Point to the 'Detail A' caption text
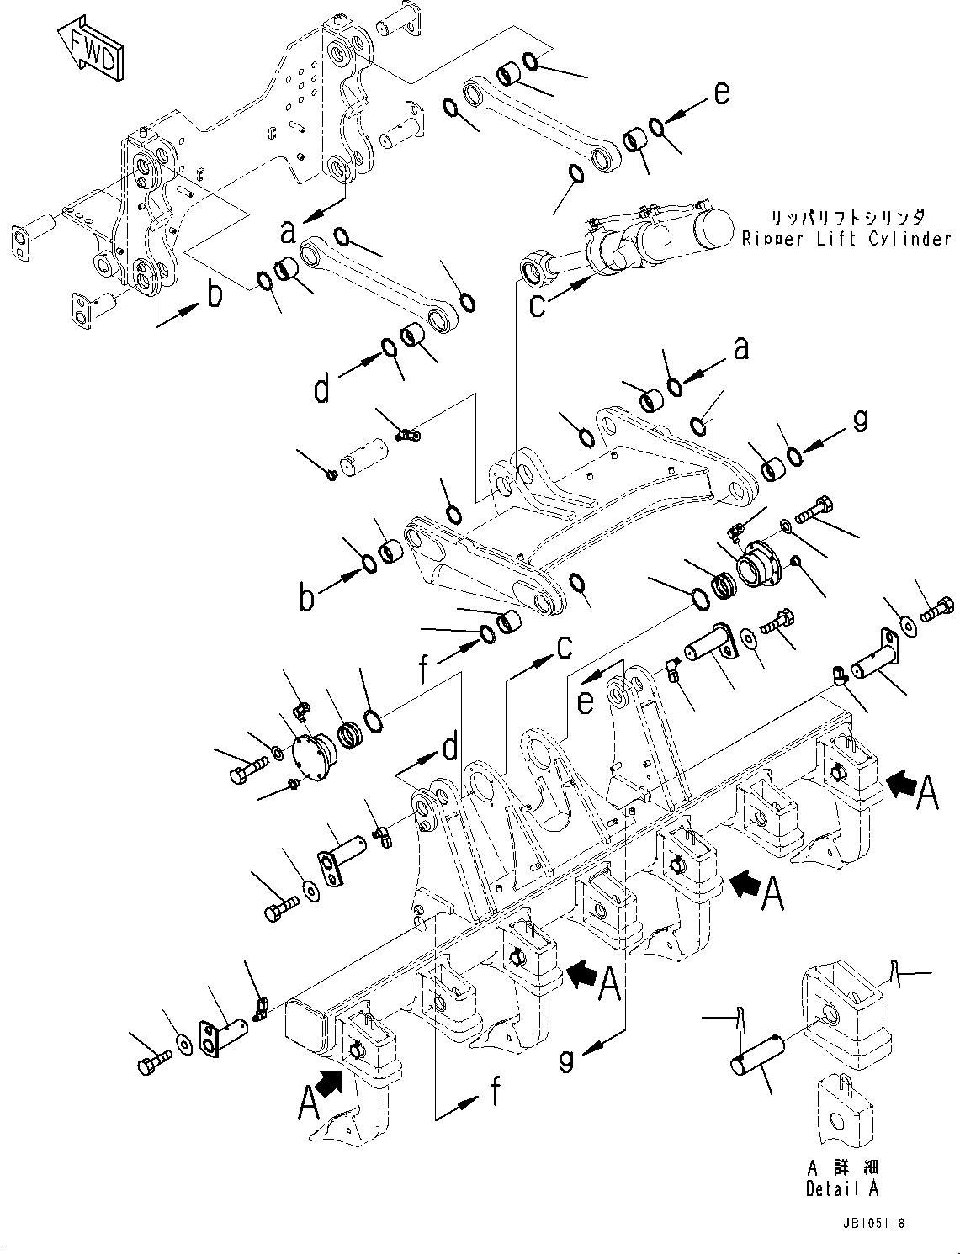[841, 1188]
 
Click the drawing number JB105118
[871, 1225]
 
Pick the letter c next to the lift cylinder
[537, 305]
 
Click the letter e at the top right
[722, 93]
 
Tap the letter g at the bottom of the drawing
[567, 1061]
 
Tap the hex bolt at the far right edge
[937, 608]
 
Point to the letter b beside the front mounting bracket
[215, 294]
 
